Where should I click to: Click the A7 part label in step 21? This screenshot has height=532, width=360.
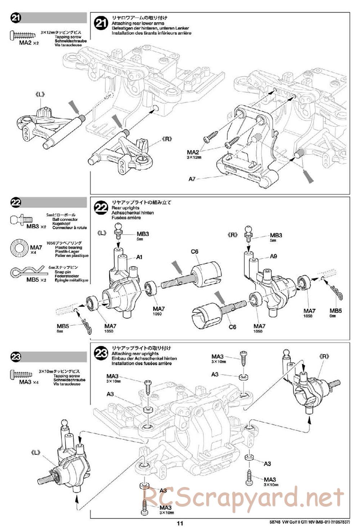[x=192, y=179]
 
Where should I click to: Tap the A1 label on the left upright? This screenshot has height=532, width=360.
[x=140, y=257]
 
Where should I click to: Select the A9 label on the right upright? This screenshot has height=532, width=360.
[x=274, y=257]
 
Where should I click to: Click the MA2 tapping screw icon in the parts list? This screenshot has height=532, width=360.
[x=23, y=35]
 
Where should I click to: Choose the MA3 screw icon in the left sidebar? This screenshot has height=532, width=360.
[x=23, y=374]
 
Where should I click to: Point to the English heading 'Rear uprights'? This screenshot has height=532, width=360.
[x=125, y=208]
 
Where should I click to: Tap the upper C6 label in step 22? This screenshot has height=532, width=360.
[x=194, y=252]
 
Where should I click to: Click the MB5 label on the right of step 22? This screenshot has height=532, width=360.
[x=336, y=311]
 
